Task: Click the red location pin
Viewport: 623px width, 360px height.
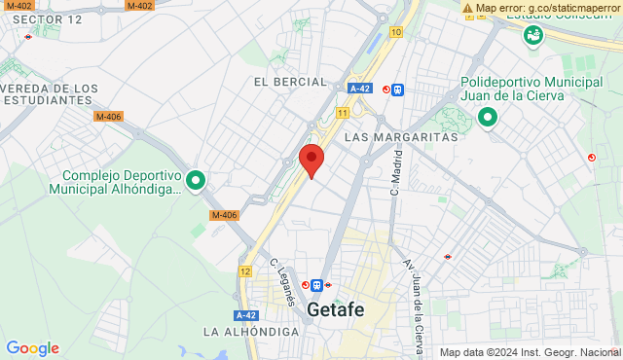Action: [x=311, y=159]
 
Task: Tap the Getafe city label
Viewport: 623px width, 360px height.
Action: [x=336, y=310]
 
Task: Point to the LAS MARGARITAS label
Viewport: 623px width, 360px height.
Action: [x=401, y=137]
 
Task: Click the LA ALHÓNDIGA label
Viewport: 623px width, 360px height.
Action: [x=251, y=332]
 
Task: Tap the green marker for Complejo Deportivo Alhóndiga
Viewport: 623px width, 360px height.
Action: [x=196, y=180]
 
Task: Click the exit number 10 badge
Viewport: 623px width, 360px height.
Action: [x=395, y=32]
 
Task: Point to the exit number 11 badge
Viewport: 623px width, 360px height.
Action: [x=343, y=113]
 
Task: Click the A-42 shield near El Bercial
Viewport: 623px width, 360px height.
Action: [x=359, y=89]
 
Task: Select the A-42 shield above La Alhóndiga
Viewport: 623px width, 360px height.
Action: [x=245, y=315]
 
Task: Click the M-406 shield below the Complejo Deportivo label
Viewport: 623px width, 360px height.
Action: [x=224, y=216]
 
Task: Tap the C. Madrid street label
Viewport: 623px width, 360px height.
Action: [x=396, y=177]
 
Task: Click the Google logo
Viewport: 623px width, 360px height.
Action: [x=32, y=348]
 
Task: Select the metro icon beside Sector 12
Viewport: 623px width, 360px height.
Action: [x=29, y=37]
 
